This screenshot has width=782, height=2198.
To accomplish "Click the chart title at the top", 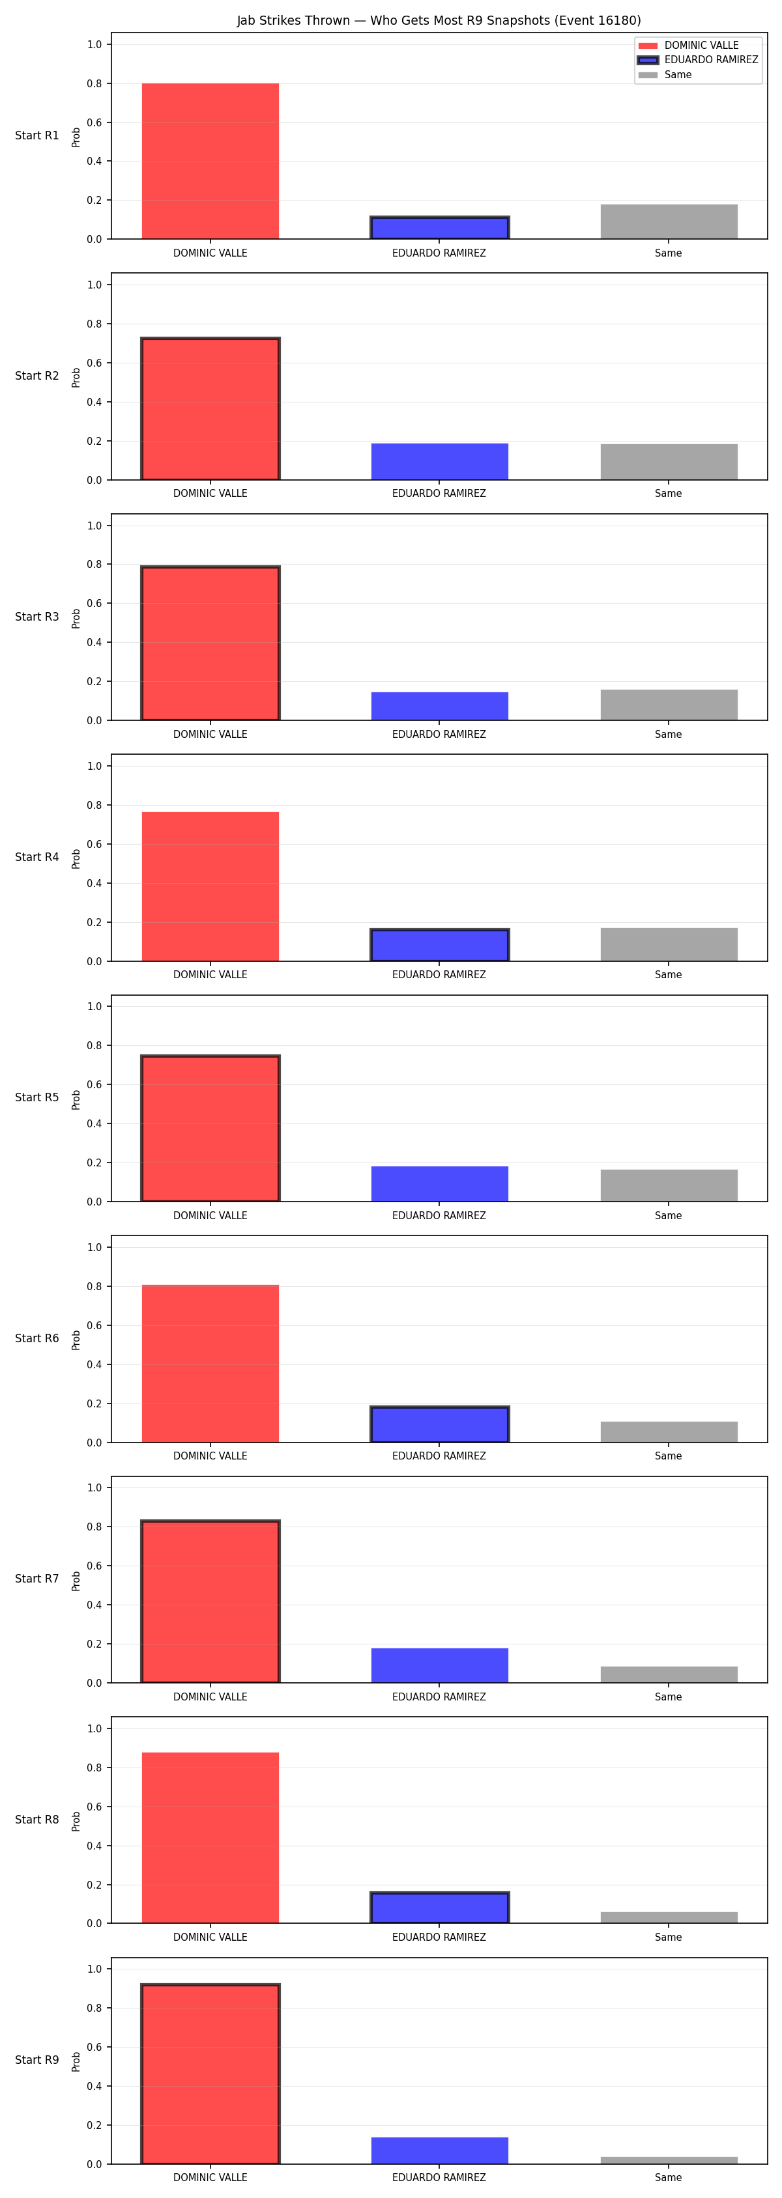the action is [x=439, y=20].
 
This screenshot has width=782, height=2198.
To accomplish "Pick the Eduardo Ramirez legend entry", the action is [x=697, y=60].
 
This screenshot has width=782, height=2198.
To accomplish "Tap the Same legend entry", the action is [x=665, y=75].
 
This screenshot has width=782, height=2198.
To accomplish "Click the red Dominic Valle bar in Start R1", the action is [x=210, y=162].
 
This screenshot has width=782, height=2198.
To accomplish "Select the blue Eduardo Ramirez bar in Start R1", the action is [x=440, y=228].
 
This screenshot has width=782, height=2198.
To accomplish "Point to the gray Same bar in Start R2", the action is [x=669, y=462].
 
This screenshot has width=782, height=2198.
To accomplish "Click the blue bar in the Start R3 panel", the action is [x=440, y=707].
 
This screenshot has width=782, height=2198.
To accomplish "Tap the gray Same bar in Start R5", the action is [x=669, y=1185].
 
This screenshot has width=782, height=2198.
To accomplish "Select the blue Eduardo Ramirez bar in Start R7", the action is [x=440, y=1665].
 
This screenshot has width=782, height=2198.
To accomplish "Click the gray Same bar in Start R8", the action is [x=669, y=1917].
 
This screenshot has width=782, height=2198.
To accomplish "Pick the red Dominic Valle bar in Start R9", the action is [x=210, y=2074].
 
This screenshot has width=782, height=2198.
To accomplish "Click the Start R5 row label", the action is [x=36, y=1097].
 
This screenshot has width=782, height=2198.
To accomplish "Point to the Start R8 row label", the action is [x=36, y=1819].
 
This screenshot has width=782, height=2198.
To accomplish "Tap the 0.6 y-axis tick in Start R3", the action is [x=94, y=603].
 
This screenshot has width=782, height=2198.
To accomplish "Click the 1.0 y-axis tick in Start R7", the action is [x=94, y=1487].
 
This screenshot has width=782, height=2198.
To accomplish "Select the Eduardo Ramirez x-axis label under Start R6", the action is [x=439, y=1456].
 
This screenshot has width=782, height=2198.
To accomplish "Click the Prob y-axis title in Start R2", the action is [x=76, y=377].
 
